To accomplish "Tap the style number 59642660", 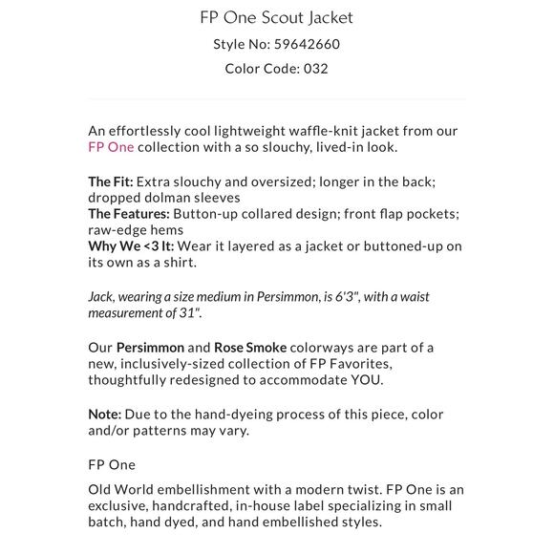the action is pos(307,44).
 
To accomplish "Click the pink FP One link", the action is pos(111,147).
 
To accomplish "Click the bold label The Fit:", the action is pos(112,181).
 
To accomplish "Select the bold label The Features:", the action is pos(129,214).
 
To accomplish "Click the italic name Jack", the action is pos(100,296).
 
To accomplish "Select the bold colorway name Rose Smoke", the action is pos(250,347).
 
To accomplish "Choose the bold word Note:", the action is pos(105,414).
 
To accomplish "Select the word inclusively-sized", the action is pos(173,363).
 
